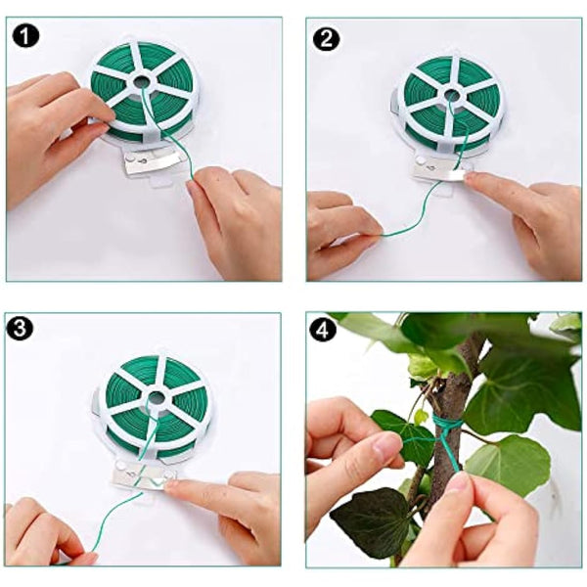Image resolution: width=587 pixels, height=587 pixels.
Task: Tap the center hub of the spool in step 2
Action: click(453, 96)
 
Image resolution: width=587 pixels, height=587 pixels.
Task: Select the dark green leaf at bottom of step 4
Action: click(372, 519)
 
